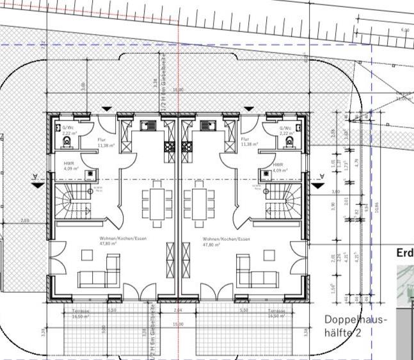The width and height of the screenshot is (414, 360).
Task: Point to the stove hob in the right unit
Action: [188, 147]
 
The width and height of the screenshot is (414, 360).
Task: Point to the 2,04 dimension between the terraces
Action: [178, 310]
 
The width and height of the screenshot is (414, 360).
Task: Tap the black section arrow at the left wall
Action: [38, 184]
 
